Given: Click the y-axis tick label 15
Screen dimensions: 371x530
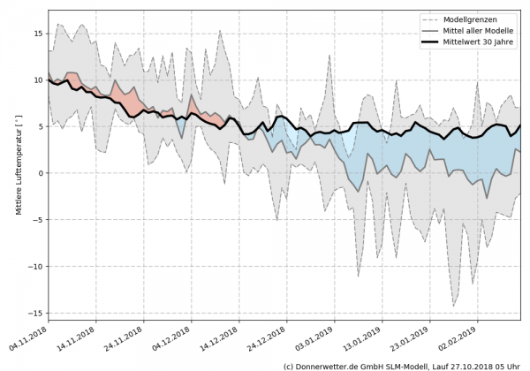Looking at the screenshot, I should point(38,34).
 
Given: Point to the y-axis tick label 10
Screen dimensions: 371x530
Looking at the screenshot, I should point(38,79).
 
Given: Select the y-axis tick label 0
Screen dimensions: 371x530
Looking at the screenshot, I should point(41,173).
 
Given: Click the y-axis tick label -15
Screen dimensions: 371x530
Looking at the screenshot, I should point(36,313).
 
